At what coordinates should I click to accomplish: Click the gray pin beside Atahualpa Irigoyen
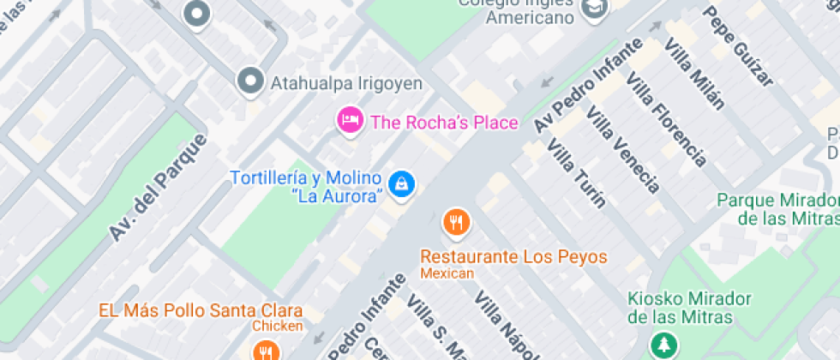[x=250, y=81]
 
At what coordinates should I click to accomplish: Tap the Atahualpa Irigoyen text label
[x=347, y=83]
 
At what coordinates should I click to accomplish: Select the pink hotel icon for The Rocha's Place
[x=349, y=120]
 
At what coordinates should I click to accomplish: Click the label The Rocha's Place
[x=444, y=122]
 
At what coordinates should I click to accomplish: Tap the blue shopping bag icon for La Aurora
[x=401, y=183]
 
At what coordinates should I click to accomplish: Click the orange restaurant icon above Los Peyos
[x=456, y=223]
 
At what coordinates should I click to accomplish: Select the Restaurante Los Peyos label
[x=513, y=256]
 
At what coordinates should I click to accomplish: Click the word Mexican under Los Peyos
[x=447, y=273]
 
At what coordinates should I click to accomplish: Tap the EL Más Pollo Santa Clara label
[x=200, y=309]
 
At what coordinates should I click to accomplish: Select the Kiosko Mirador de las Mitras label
[x=689, y=308]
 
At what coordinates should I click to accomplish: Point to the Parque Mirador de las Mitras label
[x=777, y=208]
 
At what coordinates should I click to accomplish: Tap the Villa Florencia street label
[x=666, y=119]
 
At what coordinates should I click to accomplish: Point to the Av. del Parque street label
[x=159, y=187]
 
